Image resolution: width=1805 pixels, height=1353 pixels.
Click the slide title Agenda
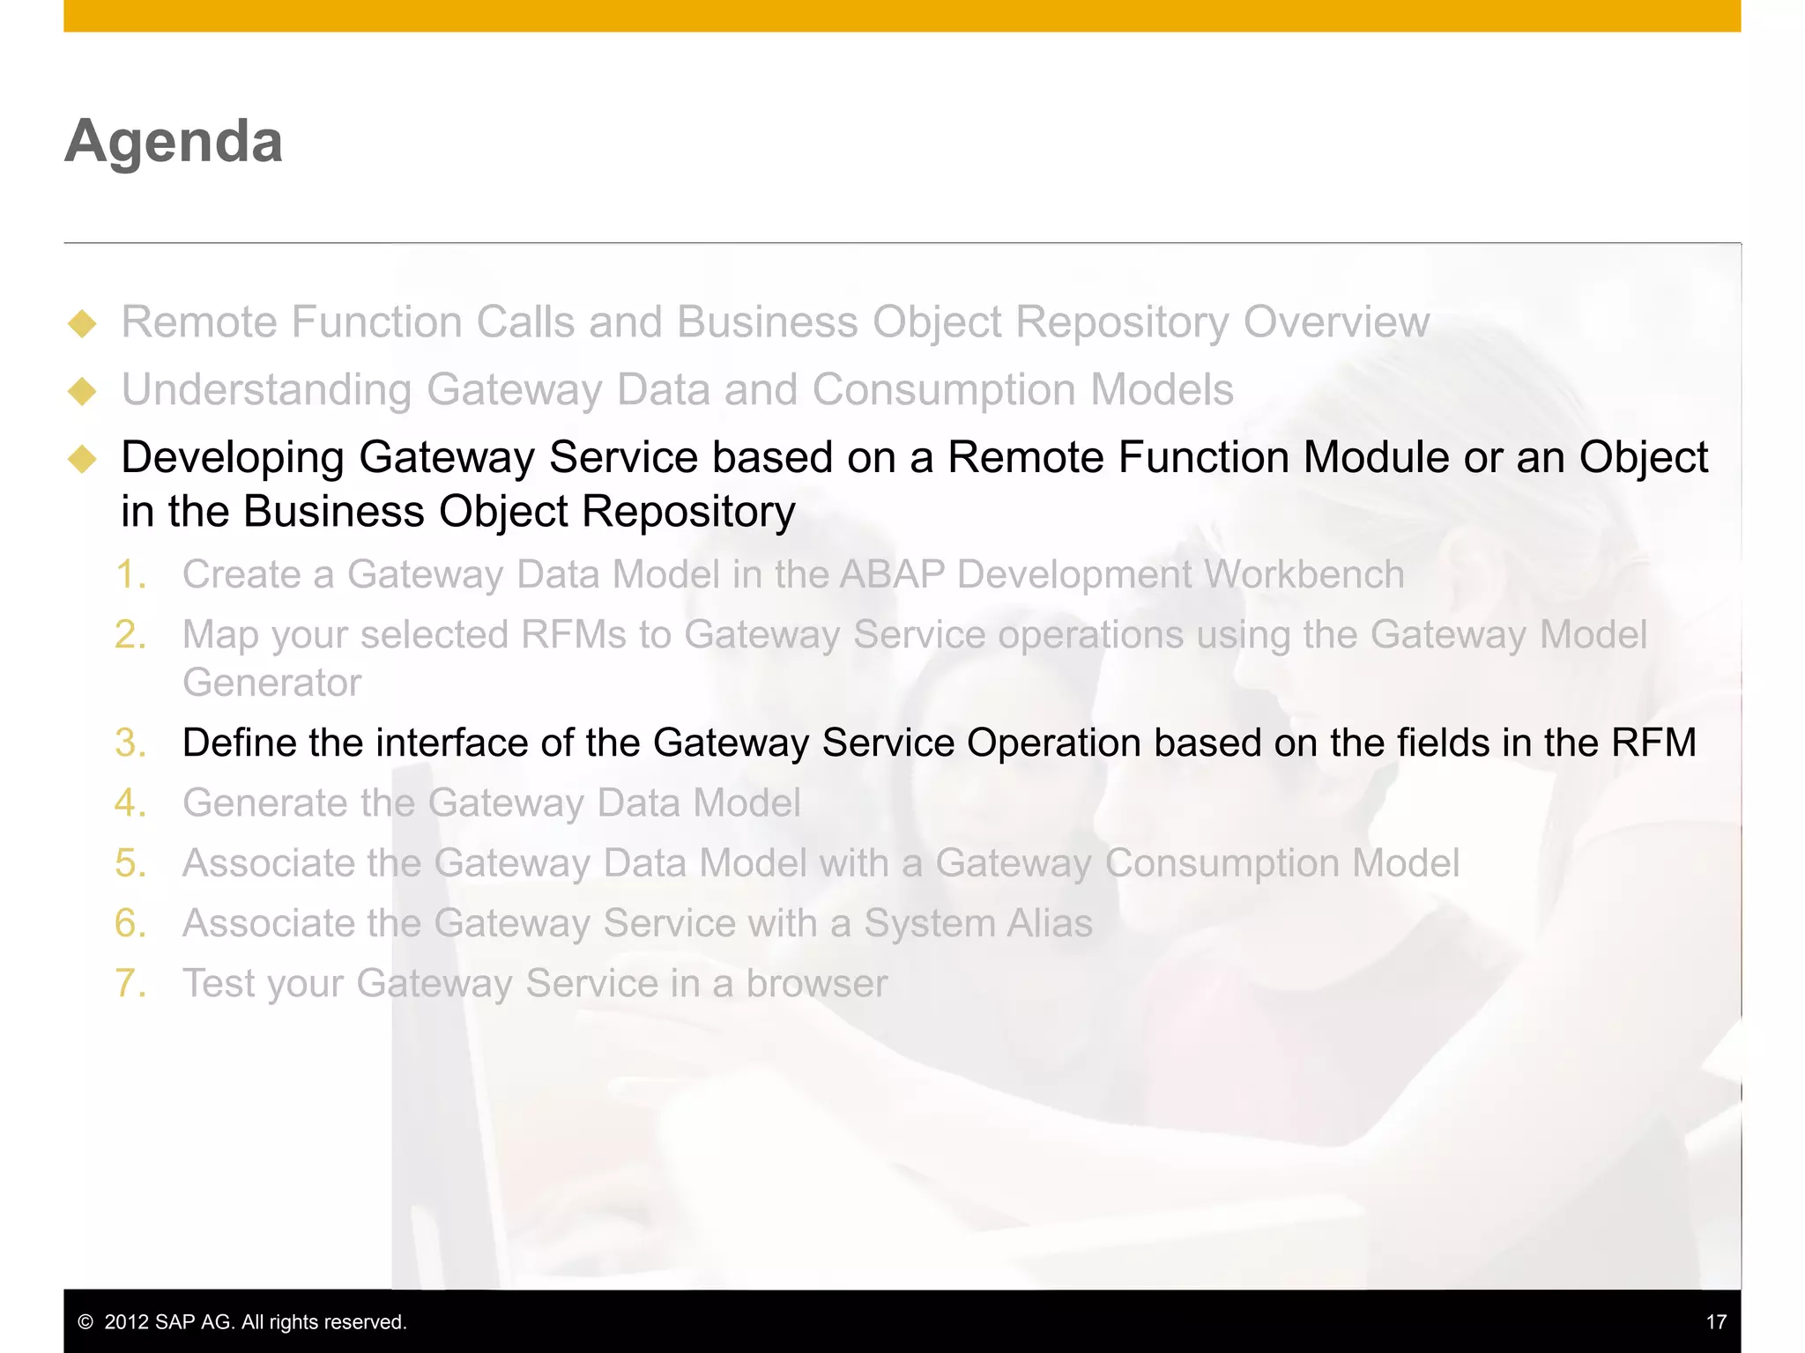[174, 141]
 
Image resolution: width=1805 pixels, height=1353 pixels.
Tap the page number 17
[1715, 1322]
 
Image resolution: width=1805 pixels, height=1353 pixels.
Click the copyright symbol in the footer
[85, 1322]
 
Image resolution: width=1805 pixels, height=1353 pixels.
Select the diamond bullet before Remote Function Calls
[82, 323]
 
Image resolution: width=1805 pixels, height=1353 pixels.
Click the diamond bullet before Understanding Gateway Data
[82, 391]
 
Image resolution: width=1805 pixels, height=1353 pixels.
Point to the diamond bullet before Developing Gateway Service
[82, 458]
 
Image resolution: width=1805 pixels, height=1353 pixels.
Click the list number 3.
[130, 743]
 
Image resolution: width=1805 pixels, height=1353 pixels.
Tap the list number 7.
[130, 983]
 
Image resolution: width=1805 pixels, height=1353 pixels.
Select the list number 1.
[130, 574]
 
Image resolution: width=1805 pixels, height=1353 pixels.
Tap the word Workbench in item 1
[1304, 574]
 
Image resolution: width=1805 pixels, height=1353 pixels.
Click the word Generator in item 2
[271, 683]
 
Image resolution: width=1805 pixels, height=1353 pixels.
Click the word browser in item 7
[816, 983]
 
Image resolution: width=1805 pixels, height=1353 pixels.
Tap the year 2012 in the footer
[126, 1322]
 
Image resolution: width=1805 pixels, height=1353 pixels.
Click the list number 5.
[130, 863]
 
